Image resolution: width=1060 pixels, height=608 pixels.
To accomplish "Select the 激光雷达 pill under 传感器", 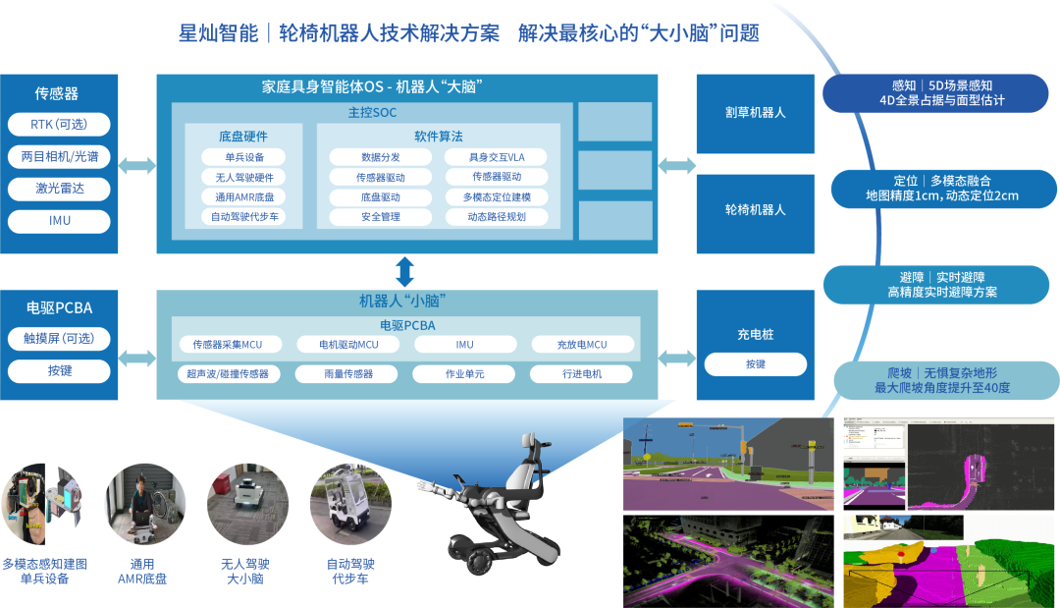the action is [x=59, y=189].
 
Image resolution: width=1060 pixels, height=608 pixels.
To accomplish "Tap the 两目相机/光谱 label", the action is [x=59, y=156].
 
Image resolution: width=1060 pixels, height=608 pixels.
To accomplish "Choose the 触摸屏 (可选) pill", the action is [x=59, y=339].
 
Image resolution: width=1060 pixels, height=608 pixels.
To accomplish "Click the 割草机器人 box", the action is [x=755, y=112].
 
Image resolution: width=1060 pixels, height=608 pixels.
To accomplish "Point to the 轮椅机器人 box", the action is [x=755, y=209].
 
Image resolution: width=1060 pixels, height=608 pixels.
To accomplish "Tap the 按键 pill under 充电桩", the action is [x=755, y=364].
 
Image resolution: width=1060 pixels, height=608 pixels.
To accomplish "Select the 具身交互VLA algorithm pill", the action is [x=496, y=157].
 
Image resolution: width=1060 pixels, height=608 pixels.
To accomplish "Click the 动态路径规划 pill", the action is [x=496, y=216].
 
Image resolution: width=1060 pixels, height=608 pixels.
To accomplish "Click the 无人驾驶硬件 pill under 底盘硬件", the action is [x=243, y=177].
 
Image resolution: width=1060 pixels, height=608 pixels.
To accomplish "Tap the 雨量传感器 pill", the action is [x=348, y=374].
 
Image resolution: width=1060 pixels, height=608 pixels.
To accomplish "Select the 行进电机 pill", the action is [x=582, y=374].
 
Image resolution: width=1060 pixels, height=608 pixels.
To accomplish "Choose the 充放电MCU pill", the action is [x=582, y=345].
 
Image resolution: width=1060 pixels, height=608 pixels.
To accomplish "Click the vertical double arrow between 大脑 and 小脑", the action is [x=405, y=271].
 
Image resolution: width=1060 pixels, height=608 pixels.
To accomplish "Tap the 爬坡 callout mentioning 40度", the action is [x=941, y=380].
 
